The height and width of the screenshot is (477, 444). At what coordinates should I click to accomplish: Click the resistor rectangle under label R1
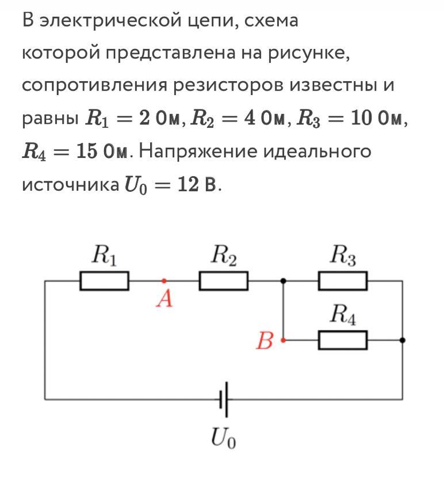click(x=104, y=281)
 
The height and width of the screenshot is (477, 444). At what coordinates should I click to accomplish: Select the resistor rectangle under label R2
click(x=224, y=281)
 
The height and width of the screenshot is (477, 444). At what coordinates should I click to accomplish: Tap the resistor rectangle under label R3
click(x=343, y=281)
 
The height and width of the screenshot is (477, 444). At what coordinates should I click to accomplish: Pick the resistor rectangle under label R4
click(x=343, y=340)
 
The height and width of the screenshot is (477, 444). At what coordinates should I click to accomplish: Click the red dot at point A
click(x=164, y=281)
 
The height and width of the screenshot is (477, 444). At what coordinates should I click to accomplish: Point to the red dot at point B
click(x=283, y=340)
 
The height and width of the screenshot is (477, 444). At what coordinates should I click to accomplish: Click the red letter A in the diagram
click(x=164, y=298)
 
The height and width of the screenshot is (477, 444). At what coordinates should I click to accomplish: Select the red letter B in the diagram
click(x=265, y=340)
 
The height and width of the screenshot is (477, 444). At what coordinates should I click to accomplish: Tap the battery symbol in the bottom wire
click(x=224, y=399)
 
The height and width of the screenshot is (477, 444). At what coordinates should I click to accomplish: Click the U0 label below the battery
click(x=224, y=438)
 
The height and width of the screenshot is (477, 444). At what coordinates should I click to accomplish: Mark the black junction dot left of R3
click(x=283, y=281)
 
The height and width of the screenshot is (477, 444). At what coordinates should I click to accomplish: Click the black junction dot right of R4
click(x=403, y=340)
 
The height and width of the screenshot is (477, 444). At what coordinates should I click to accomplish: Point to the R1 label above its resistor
click(x=104, y=255)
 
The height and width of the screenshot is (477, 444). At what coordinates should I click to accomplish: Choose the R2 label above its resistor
click(x=224, y=255)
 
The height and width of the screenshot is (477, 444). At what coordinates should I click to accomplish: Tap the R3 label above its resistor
click(x=343, y=255)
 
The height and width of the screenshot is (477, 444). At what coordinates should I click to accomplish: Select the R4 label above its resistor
click(x=343, y=315)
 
